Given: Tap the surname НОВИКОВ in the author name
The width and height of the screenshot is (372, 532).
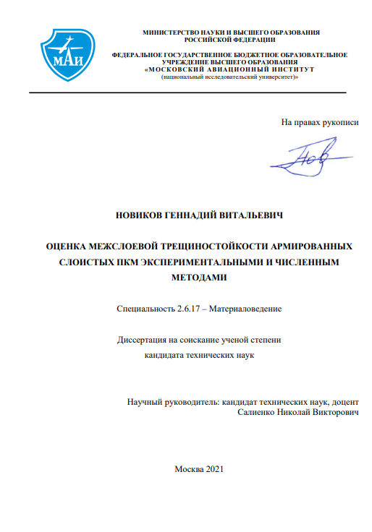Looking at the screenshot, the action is click(140, 215).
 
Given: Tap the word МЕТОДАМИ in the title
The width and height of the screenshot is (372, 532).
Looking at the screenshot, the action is click(200, 277).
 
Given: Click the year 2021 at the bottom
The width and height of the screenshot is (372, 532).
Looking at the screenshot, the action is click(215, 468).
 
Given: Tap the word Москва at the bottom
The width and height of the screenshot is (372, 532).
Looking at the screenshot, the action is click(189, 468).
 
